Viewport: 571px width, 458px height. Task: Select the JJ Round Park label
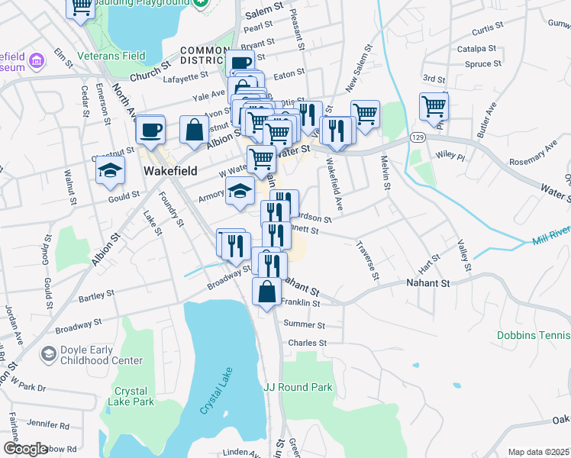298,387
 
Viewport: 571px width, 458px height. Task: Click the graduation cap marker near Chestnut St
110,171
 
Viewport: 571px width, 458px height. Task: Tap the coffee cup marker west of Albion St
150,128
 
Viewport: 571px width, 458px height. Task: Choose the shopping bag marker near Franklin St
265,292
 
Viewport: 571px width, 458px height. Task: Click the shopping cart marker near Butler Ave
434,106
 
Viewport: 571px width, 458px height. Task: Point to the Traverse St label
366,260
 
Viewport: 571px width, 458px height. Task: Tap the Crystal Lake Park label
134,396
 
